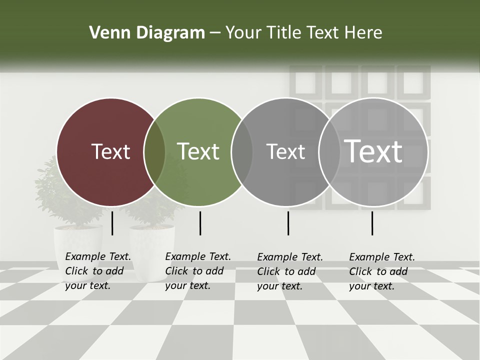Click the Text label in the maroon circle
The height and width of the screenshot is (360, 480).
110,151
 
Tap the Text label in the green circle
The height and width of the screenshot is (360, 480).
198,151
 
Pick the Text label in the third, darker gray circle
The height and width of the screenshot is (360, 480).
285,151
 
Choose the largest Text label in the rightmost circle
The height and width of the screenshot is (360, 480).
373,151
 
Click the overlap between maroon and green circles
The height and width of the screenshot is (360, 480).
154,152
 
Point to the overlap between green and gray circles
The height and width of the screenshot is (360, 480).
242,152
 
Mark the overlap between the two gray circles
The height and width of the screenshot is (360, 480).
329,152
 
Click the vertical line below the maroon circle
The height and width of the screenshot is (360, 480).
112,223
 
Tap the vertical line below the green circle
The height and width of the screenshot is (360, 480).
200,223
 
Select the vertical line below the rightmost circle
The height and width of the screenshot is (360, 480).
372,223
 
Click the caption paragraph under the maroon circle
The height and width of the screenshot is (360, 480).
97,271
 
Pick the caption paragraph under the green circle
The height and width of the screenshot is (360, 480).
197,271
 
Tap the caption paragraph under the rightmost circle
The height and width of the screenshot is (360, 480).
381,271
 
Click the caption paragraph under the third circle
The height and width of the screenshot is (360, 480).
289,271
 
